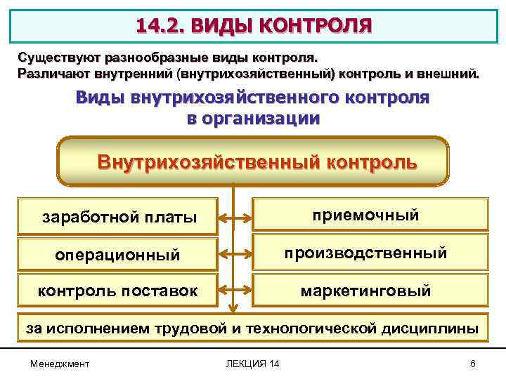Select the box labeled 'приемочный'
click(x=370, y=215)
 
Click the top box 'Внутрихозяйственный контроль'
click(x=254, y=161)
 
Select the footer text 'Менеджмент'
click(x=60, y=363)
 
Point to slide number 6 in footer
click(x=473, y=363)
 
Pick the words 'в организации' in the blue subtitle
click(x=253, y=118)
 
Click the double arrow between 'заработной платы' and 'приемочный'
click(x=235, y=217)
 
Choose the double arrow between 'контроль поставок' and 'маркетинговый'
click(x=235, y=288)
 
